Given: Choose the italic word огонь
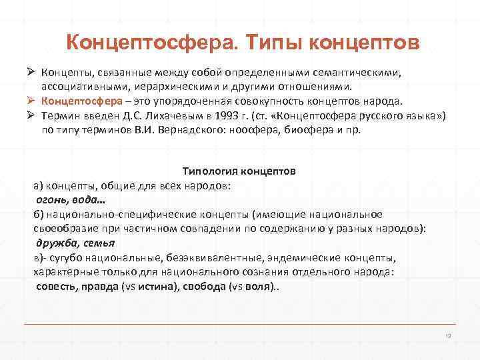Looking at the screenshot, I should [50, 200].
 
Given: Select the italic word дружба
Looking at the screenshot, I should [56, 243].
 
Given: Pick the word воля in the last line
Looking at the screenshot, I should [258, 285].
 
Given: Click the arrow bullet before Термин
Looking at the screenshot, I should [30, 116].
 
